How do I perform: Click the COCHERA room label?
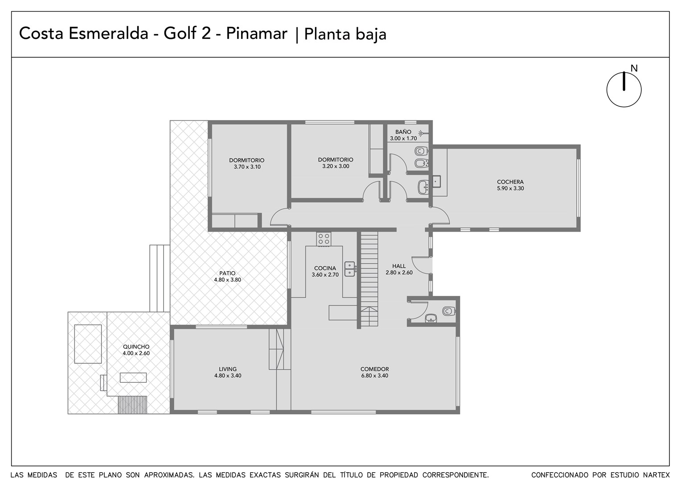[510, 182]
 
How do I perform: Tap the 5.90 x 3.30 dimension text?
[510, 188]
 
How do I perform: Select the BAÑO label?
[403, 132]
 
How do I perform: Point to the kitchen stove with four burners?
[324, 239]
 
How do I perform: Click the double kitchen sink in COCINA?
[350, 269]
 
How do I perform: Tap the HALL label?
[399, 266]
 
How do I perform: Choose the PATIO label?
[227, 273]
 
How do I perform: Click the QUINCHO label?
[136, 346]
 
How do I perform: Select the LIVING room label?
[228, 369]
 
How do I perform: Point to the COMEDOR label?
[374, 369]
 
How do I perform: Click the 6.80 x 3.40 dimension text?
[374, 376]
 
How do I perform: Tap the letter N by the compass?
[634, 69]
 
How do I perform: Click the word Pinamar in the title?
[257, 33]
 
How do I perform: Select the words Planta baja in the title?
[345, 34]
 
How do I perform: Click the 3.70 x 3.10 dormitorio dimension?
[247, 167]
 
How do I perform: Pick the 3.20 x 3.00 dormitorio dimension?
[336, 166]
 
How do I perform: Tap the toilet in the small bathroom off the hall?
[449, 311]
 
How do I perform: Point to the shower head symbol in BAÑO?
[422, 133]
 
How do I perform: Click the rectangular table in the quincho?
[133, 378]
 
